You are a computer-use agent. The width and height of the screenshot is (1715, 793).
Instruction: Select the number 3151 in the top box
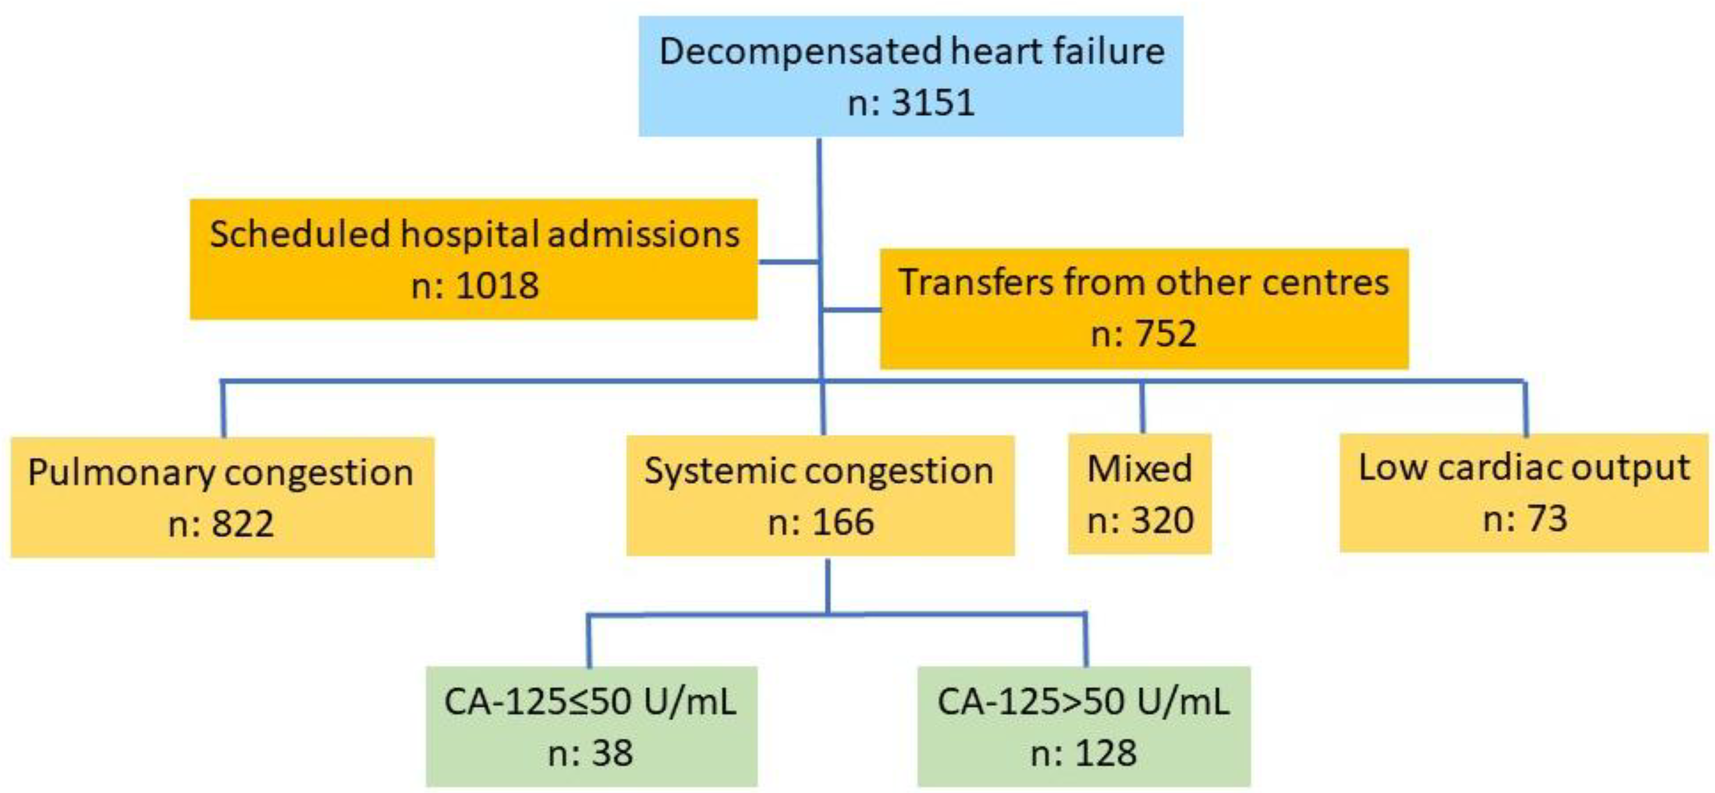pos(932,103)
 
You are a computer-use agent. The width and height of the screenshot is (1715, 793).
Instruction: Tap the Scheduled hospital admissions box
pos(473,259)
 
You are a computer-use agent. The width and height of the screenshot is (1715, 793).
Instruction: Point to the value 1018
pos(497,286)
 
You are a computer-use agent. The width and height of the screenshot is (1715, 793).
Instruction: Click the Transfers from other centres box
pos(1143,308)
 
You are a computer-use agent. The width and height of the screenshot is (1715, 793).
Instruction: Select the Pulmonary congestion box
pos(222,497)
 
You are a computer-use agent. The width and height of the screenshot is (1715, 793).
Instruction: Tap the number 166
pos(843,522)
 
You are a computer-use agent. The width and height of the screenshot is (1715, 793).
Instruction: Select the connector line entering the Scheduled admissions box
pos(788,262)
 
